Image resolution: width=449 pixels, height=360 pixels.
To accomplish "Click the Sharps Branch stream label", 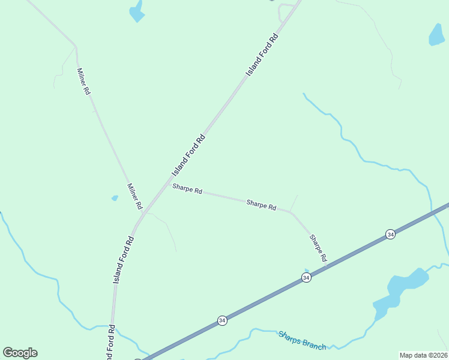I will click(x=302, y=340).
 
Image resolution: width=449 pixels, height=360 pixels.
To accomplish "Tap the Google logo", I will click(x=20, y=353).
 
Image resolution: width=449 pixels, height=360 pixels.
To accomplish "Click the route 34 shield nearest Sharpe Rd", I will click(x=306, y=277).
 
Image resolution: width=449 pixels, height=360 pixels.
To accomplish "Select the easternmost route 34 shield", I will click(x=391, y=234).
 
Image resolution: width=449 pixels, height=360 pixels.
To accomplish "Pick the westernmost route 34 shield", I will click(x=222, y=320).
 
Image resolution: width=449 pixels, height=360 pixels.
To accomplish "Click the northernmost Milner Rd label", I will click(x=83, y=81).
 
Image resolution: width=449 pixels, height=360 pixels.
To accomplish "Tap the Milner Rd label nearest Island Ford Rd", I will click(x=134, y=196).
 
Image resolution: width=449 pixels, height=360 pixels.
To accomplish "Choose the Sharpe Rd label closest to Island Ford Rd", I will click(x=187, y=189).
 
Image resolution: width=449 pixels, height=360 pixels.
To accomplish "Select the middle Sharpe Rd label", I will click(x=261, y=205).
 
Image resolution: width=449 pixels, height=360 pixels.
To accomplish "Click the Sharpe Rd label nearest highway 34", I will click(x=318, y=247).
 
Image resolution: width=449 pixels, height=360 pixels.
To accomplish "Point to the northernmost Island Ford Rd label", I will click(x=263, y=54).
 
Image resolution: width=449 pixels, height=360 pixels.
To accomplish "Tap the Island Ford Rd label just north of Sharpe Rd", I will click(x=188, y=155).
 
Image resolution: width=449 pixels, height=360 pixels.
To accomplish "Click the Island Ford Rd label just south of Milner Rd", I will click(x=123, y=260).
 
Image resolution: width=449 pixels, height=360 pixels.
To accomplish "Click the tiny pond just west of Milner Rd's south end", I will click(x=115, y=197).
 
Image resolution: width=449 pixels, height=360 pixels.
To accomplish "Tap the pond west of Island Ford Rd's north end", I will click(x=137, y=12).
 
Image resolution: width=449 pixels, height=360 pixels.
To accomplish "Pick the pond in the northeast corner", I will click(x=436, y=35).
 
